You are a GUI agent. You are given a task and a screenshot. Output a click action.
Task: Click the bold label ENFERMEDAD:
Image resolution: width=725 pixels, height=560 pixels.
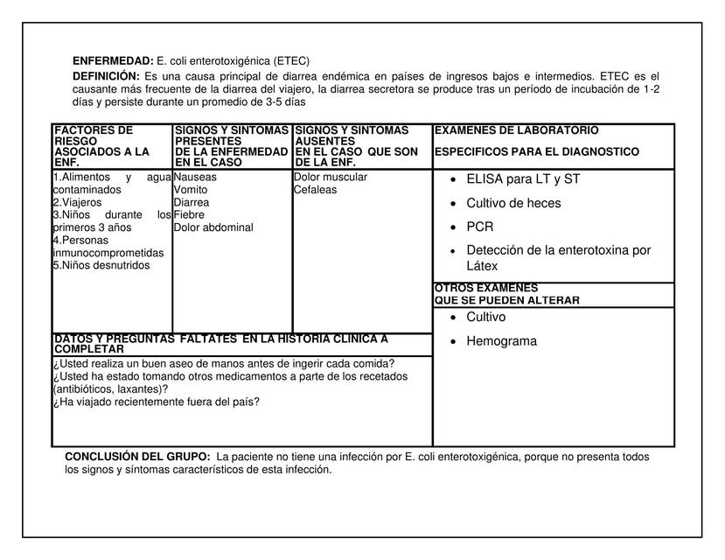pyautogui.click(x=113, y=61)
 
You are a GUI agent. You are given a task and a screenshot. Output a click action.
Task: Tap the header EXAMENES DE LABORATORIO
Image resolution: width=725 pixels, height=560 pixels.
pyautogui.click(x=516, y=130)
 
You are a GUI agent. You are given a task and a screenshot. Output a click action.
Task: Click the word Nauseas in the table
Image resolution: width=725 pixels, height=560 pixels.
pyautogui.click(x=195, y=178)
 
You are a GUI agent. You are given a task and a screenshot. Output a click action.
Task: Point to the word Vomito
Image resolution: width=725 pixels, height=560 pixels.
pyautogui.click(x=191, y=190)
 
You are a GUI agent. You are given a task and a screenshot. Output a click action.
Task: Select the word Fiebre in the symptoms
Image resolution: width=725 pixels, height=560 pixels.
pyautogui.click(x=189, y=215)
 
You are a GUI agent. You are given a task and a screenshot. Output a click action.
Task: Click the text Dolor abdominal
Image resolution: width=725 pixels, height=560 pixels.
pyautogui.click(x=213, y=228)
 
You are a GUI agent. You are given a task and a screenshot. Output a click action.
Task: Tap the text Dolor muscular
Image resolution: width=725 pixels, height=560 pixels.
pyautogui.click(x=331, y=178)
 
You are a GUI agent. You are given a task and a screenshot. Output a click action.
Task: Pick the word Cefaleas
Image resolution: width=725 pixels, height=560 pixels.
pyautogui.click(x=315, y=190)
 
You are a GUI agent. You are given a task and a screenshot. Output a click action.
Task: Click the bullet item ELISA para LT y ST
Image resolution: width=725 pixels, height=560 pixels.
pyautogui.click(x=523, y=179)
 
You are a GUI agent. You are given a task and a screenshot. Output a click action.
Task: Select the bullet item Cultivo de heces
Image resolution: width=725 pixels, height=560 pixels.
pyautogui.click(x=513, y=203)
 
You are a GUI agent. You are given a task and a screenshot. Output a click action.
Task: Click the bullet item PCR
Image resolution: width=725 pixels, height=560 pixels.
pyautogui.click(x=480, y=227)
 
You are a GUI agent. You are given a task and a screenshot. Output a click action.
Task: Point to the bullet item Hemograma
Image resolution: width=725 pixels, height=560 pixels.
pyautogui.click(x=501, y=341)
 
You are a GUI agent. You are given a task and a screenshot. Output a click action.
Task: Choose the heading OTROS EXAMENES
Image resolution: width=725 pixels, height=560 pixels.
pyautogui.click(x=486, y=288)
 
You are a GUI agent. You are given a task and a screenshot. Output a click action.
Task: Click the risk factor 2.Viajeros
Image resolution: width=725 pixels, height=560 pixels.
pyautogui.click(x=77, y=203)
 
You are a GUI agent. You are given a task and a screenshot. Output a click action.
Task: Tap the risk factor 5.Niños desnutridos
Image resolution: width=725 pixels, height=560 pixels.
pyautogui.click(x=101, y=266)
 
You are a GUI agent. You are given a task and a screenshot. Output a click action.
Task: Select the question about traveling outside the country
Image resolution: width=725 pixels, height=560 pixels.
pyautogui.click(x=157, y=402)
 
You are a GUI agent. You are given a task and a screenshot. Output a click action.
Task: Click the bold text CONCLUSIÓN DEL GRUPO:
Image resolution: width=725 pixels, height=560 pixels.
pyautogui.click(x=137, y=457)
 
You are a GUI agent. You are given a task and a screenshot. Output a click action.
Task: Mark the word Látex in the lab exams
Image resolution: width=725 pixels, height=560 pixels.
pyautogui.click(x=482, y=266)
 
